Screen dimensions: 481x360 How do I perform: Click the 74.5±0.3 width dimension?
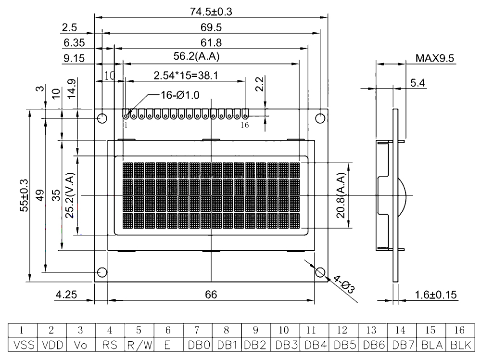tap(211, 12)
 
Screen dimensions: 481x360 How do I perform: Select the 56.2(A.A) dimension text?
tap(197, 56)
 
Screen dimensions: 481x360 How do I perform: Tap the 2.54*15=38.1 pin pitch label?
tap(186, 75)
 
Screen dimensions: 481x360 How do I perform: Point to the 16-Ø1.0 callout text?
tap(180, 95)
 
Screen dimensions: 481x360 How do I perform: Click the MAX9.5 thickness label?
tap(435, 58)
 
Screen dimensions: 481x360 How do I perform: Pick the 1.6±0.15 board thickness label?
tap(436, 295)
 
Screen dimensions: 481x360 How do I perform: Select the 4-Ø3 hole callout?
tap(343, 284)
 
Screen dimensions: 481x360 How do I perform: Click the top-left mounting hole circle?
tap(102, 118)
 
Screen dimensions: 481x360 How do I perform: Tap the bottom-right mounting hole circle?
tap(320, 272)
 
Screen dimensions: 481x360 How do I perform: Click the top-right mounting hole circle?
tap(320, 118)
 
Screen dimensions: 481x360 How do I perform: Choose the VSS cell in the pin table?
tap(22, 345)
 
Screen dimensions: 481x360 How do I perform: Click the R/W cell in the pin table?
tap(139, 345)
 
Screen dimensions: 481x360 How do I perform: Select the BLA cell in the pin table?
tap(432, 345)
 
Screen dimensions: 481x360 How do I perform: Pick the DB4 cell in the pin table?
tap(315, 345)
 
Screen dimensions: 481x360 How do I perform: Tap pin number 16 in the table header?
tap(459, 330)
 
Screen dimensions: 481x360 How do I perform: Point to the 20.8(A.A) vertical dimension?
tap(341, 195)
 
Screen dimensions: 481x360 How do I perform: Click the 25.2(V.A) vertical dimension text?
tap(70, 195)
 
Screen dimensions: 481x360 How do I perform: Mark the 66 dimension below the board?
tap(211, 295)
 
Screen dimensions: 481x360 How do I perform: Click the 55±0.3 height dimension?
tap(24, 195)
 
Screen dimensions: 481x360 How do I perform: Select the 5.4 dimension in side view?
tap(418, 83)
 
